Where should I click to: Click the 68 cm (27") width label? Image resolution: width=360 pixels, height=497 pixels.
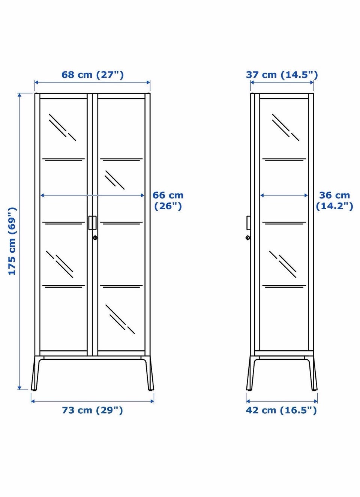[93, 75]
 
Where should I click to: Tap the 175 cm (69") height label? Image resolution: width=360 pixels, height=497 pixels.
[12, 241]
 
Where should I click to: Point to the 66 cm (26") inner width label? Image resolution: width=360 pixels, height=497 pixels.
[168, 201]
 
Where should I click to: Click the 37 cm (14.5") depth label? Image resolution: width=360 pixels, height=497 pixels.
[282, 75]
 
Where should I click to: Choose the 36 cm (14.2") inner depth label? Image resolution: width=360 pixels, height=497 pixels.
[334, 201]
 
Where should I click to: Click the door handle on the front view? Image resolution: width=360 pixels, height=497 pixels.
[93, 222]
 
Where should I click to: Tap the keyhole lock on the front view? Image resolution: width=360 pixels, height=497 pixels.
[95, 238]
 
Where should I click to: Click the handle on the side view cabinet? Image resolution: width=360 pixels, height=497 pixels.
[249, 222]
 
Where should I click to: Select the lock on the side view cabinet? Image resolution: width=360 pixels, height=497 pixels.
[248, 238]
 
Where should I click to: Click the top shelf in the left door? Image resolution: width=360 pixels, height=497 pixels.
[64, 159]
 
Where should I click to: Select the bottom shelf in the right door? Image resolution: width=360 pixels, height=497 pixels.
[121, 286]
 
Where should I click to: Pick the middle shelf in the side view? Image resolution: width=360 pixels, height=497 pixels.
[284, 223]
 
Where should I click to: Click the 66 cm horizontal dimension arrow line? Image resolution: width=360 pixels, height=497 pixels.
[93, 195]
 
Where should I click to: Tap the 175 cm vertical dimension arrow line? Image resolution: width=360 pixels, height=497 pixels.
[20, 242]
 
